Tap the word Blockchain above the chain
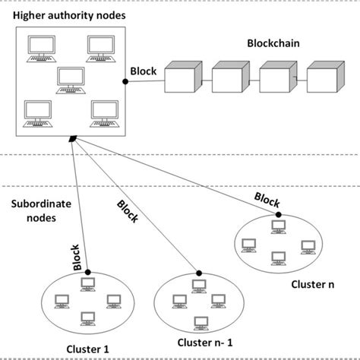[270, 44]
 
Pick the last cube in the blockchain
[325, 79]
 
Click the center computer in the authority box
[71, 80]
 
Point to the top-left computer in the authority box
[38, 48]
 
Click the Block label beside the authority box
[143, 72]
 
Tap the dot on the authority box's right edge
[125, 80]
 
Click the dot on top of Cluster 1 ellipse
[88, 272]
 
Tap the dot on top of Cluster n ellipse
[279, 215]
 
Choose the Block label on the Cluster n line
[266, 200]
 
